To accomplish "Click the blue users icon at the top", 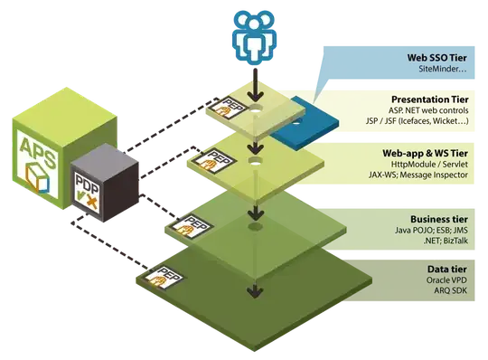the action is pos(255,37).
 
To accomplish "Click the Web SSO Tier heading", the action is pos(437,58).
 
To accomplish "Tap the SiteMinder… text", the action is pos(443,69).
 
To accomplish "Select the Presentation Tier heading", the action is pos(430,99).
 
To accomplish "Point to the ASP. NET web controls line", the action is pos(428,110).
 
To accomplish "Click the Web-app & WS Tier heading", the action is pos(425,153).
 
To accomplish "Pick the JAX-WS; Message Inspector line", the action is pos(418,175).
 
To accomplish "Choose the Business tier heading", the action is pos(439,219).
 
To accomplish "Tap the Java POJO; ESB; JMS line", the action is pos(431,230).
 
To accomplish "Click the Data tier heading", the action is pos(447,269).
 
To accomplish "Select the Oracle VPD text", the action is pos(446,280).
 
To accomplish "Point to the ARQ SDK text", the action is pos(451,290).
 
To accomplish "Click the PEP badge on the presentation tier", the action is pos(227,108).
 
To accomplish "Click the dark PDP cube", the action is pos(104,183).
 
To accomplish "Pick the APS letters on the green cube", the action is pos(38,153).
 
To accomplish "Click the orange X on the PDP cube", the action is pos(92,203).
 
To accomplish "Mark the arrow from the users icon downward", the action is pos(256,85).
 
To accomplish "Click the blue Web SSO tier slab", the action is pos(304,124).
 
